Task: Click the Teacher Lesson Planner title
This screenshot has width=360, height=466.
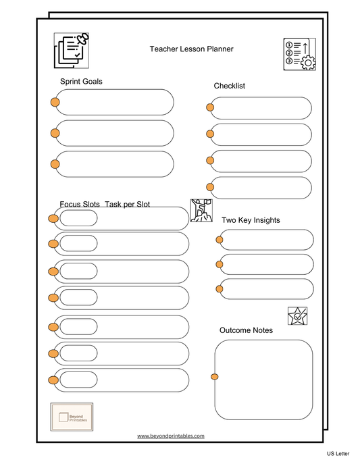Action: coord(191,49)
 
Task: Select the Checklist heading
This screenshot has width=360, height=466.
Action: coord(229,86)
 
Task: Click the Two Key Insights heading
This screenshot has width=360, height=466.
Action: coord(251,220)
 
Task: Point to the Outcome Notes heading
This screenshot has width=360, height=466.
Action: coord(246,330)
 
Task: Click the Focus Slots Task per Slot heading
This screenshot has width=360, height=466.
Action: coord(105,204)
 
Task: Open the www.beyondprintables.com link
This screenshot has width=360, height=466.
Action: coord(170,436)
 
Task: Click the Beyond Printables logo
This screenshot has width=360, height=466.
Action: coord(72,415)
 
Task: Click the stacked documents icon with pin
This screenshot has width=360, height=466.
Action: coord(72,50)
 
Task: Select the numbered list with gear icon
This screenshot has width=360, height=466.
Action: coord(299,54)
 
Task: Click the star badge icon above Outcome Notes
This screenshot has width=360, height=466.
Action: coord(297,316)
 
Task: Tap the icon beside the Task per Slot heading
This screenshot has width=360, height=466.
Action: coord(201,210)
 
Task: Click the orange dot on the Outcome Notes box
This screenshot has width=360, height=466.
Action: coord(215,376)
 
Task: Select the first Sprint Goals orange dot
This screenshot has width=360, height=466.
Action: coord(55,103)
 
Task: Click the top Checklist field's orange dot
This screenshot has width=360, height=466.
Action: coord(211,107)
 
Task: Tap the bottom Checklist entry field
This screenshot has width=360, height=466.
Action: coord(261,188)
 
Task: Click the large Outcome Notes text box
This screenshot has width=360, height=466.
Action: coord(264,380)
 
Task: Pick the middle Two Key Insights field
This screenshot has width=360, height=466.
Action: coord(266,264)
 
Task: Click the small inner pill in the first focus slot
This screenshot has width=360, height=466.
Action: coord(78,218)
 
